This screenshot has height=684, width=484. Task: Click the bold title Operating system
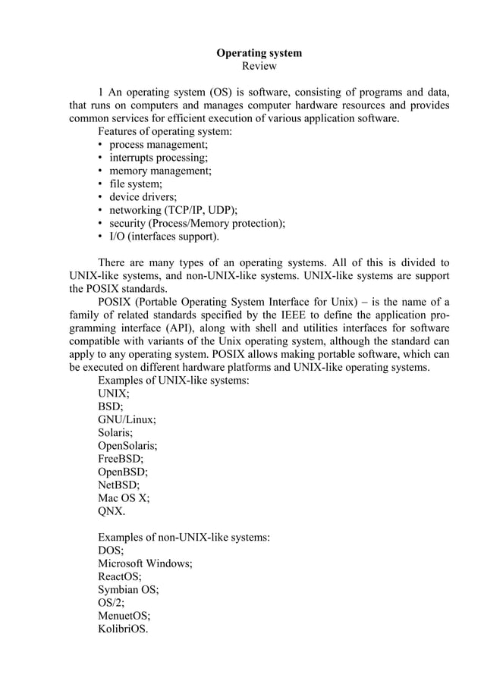[259, 53]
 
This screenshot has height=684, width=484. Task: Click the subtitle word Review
[259, 67]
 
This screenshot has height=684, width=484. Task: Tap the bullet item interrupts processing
[159, 158]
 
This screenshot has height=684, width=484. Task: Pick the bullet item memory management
[160, 171]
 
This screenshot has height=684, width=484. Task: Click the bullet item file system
[136, 184]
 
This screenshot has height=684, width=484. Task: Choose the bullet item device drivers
[143, 197]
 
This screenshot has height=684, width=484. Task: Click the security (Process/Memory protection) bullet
[197, 224]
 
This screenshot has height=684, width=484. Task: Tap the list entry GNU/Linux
[127, 419]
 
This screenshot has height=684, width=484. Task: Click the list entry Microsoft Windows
[145, 564]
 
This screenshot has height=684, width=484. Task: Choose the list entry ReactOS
[120, 577]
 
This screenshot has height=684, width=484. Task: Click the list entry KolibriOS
[124, 629]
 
